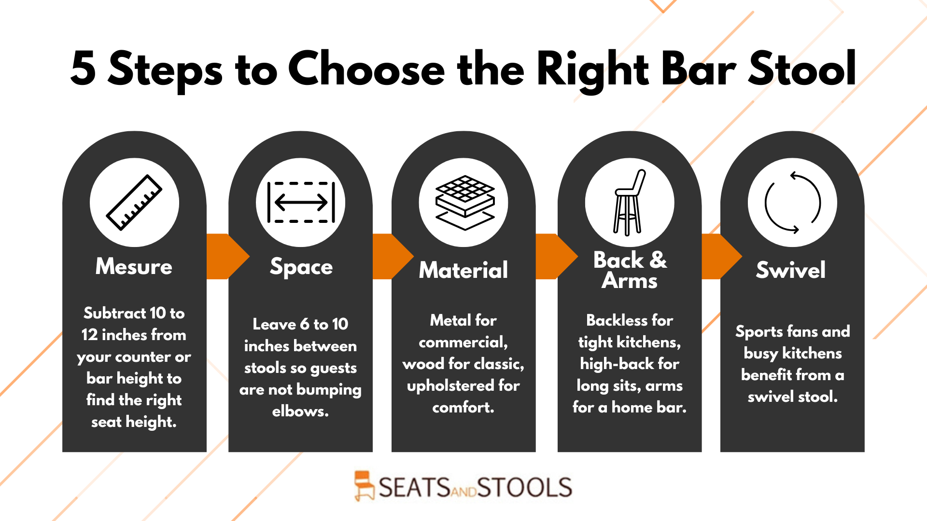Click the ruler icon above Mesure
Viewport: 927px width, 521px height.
click(134, 202)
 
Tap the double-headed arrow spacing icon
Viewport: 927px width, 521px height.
click(301, 202)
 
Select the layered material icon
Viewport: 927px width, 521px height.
click(464, 203)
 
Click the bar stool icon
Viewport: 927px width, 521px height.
click(629, 203)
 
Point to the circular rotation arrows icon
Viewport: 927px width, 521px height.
click(792, 203)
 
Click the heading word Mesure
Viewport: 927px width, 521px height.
click(134, 266)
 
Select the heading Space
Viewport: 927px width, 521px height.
click(301, 267)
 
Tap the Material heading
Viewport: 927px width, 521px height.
click(463, 270)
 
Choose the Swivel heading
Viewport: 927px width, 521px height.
click(791, 270)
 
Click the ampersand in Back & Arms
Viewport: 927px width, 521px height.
click(658, 260)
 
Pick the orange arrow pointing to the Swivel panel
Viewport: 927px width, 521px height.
click(721, 257)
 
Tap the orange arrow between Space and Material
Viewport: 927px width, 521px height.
click(393, 257)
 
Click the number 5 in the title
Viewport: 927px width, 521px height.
click(83, 69)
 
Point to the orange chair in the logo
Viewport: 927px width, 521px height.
click(364, 486)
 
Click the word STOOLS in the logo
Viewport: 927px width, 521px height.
click(525, 487)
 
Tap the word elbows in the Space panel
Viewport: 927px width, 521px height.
click(300, 411)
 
